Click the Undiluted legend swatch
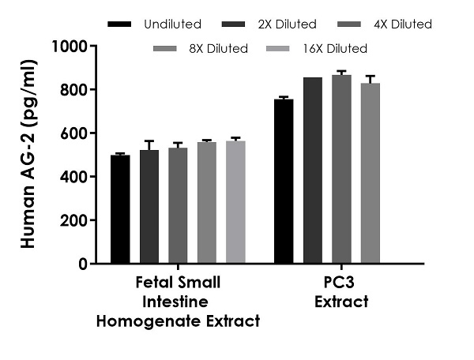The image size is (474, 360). click(120, 24)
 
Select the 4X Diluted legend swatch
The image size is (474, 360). click(336, 24)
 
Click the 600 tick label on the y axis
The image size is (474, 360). click(76, 133)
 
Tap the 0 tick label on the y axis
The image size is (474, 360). click(82, 264)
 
